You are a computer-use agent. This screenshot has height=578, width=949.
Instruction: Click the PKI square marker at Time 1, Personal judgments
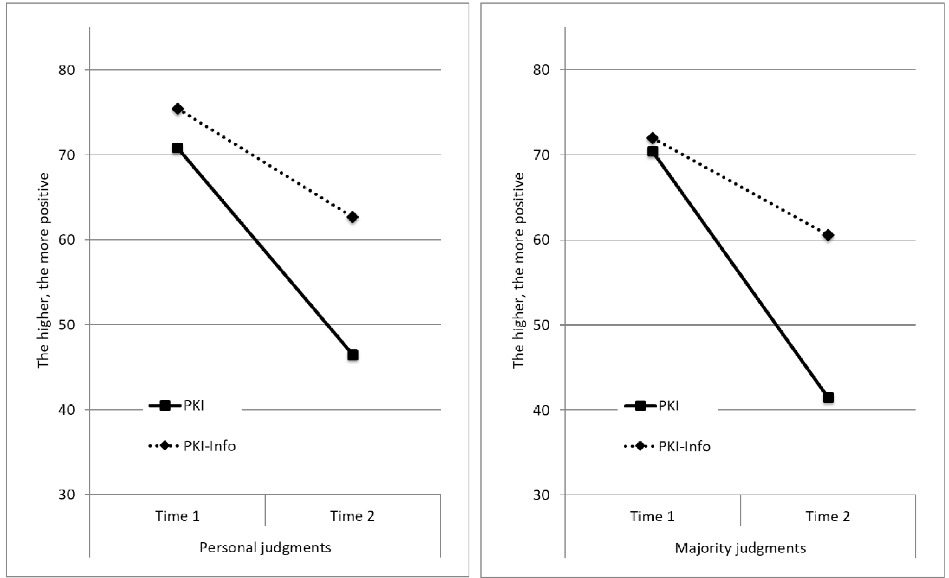177,148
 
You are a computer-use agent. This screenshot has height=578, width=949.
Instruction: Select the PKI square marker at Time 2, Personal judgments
353,355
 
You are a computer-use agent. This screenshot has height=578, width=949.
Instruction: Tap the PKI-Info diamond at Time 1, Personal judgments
177,109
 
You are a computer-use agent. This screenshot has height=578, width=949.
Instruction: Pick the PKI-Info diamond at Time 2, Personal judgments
352,218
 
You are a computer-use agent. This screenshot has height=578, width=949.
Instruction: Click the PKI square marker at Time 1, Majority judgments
652,151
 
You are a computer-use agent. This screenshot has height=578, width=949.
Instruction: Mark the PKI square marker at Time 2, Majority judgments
828,397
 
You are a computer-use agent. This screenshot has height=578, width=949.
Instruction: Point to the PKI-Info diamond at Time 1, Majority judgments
652,138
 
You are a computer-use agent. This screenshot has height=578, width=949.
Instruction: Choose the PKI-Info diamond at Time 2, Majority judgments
828,235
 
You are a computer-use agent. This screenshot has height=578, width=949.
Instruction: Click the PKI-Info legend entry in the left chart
192,446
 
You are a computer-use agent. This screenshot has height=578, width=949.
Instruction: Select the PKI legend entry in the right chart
652,406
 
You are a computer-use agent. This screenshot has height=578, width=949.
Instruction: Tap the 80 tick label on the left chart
67,70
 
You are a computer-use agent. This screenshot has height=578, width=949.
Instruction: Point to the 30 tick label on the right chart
542,495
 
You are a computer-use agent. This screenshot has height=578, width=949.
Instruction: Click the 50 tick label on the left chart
67,325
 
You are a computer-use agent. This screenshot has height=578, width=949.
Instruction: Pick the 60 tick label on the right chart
542,240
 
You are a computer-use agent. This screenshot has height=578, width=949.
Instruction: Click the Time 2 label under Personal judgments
352,516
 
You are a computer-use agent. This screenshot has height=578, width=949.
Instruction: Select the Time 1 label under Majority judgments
652,517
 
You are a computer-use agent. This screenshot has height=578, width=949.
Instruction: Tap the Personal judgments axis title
265,548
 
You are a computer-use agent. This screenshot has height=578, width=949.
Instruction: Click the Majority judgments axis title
741,548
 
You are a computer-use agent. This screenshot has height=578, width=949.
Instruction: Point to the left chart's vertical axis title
44,270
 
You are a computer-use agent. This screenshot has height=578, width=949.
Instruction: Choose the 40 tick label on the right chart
542,410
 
